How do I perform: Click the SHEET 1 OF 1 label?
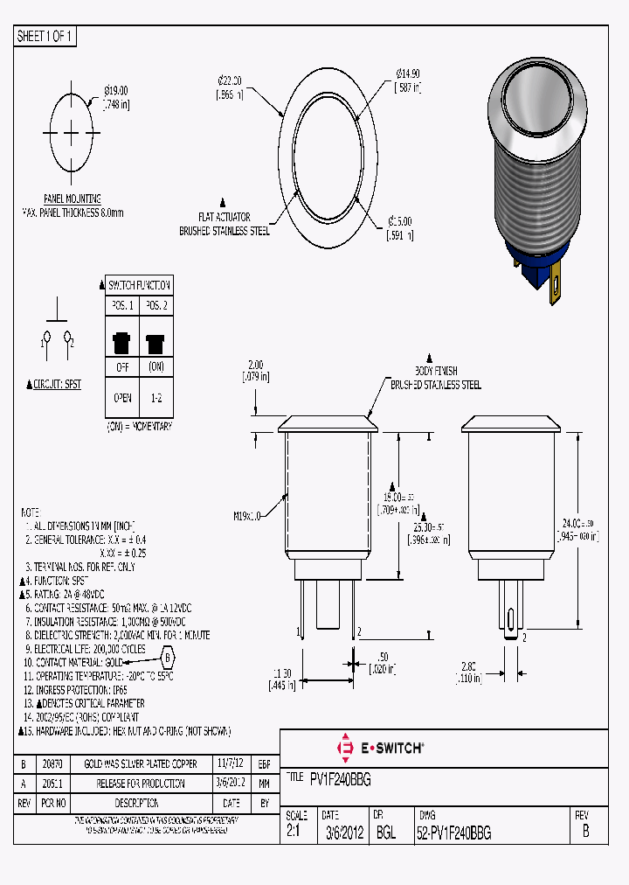pos(45,37)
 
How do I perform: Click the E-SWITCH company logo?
pos(380,748)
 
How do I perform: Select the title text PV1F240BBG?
pos(341,780)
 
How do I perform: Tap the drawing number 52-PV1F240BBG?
pos(453,833)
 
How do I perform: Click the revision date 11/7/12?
pos(232,763)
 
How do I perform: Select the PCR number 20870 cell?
pos(53,763)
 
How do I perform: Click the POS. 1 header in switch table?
pos(121,305)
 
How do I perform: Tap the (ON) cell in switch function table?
pos(156,367)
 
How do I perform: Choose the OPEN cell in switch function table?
pos(121,398)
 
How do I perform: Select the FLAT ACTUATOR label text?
pos(225,217)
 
